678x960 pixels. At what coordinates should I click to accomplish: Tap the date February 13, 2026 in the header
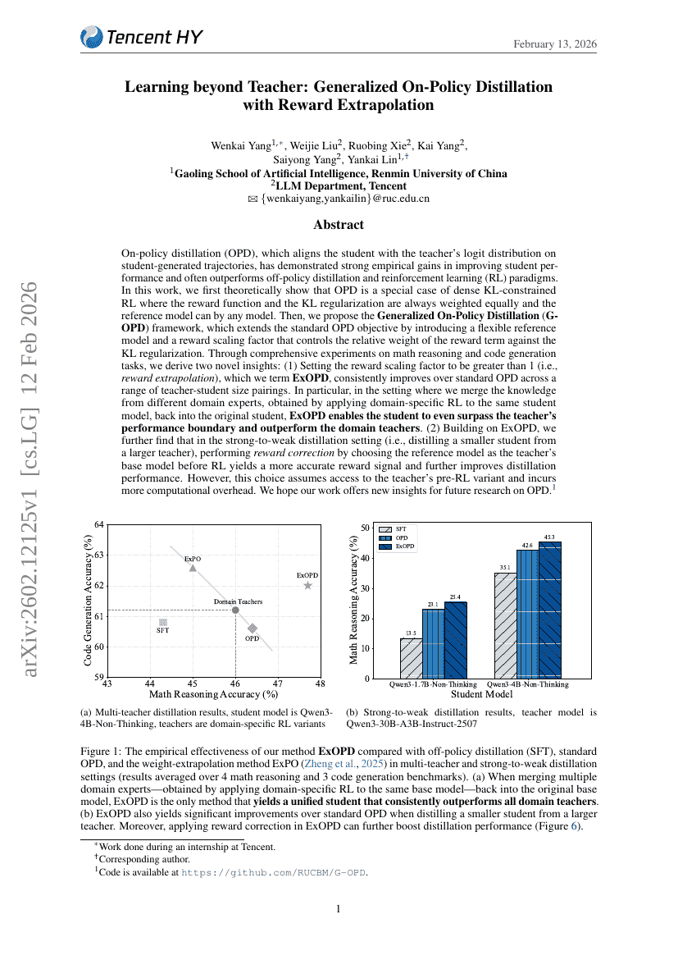[555, 43]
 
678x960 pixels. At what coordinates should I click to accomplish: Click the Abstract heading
[339, 224]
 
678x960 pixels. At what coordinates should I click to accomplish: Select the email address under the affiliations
[345, 198]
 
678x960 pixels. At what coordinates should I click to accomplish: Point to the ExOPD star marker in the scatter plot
[307, 585]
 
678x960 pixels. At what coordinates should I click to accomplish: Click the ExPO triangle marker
[193, 568]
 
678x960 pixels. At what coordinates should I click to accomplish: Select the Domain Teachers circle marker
[235, 610]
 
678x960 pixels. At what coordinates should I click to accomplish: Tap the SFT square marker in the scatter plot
[163, 623]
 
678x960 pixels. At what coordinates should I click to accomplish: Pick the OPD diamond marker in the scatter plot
[253, 628]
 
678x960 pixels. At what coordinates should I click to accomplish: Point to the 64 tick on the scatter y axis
[99, 524]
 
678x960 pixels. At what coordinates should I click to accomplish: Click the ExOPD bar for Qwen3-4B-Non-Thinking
[550, 610]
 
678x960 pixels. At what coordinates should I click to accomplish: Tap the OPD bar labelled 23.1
[433, 643]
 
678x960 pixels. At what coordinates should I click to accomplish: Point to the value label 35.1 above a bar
[505, 567]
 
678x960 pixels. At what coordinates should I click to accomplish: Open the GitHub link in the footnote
[274, 872]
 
